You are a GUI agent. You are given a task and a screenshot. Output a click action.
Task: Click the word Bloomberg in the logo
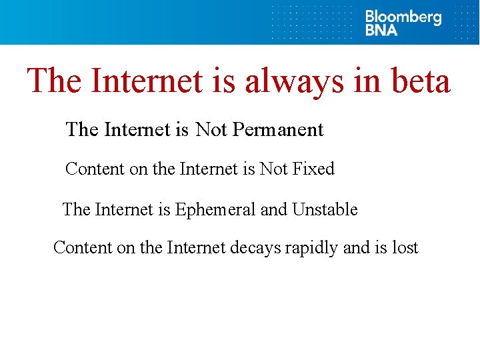coord(403,17)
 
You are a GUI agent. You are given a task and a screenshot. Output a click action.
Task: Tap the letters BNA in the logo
coord(381,30)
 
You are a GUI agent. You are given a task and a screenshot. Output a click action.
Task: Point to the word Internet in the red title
coord(146,81)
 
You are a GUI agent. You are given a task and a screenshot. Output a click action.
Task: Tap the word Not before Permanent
coord(211,129)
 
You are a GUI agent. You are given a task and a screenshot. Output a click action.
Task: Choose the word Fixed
coord(313,169)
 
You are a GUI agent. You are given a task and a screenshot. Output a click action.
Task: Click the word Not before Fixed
coord(273,169)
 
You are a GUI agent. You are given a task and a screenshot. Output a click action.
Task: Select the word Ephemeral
coord(215,210)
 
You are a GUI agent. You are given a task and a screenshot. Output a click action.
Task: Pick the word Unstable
coord(325,210)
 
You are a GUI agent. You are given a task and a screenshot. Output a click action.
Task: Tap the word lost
coord(405,248)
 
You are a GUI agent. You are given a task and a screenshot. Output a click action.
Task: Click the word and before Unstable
coord(273,210)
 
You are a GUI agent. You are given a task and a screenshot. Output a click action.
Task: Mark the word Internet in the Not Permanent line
coord(137,129)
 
